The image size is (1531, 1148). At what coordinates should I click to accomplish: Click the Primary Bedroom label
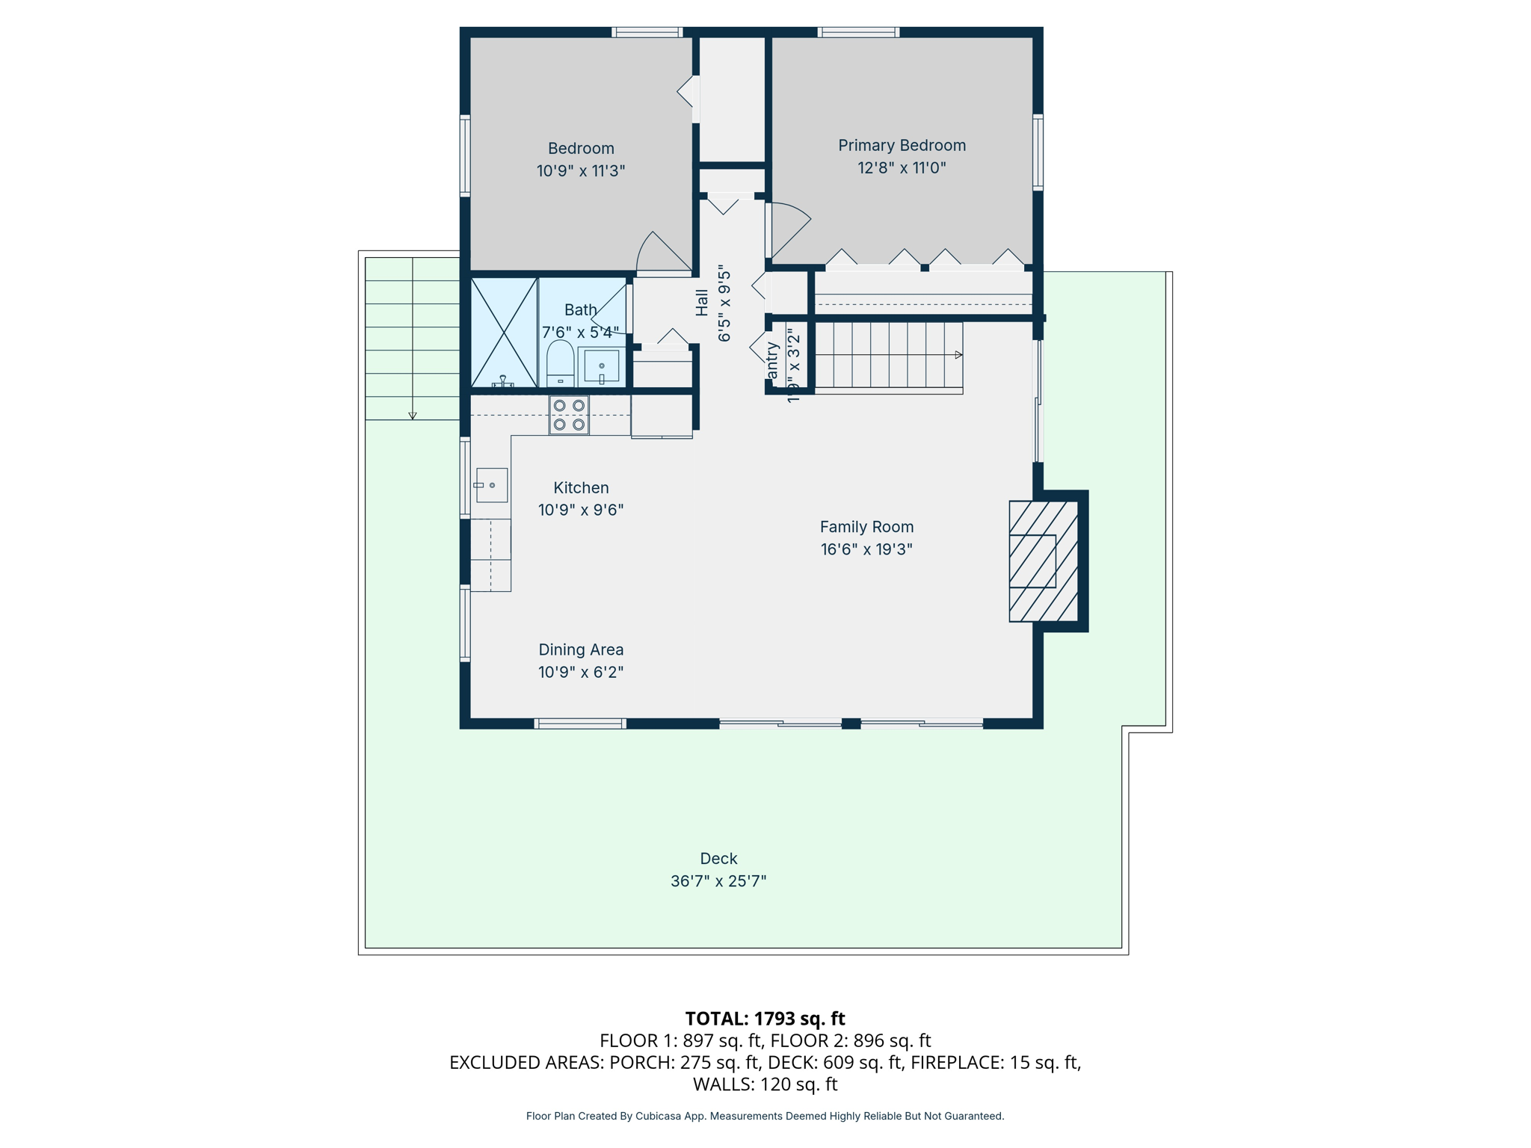pos(902,146)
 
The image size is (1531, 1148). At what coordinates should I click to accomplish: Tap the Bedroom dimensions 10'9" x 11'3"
pos(581,171)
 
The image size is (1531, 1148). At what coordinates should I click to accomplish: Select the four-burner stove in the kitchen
pos(569,416)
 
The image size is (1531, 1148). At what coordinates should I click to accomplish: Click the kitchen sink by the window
pos(492,485)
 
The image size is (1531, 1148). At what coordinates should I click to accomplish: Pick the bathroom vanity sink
pos(602,366)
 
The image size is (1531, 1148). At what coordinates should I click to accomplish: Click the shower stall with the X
pos(504,333)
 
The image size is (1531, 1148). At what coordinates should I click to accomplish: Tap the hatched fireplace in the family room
pos(1043,561)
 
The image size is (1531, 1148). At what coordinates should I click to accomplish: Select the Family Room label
pos(866,527)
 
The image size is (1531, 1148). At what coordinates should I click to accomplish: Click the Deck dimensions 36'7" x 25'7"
pos(718,881)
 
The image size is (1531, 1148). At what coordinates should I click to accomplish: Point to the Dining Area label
pos(581,649)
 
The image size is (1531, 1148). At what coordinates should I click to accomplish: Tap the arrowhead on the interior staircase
pos(958,355)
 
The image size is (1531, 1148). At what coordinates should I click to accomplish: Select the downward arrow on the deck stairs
pos(412,416)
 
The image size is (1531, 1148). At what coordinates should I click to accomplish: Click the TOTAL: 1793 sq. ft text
pos(765,1019)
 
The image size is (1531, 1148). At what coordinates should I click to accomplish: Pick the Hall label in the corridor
pos(702,303)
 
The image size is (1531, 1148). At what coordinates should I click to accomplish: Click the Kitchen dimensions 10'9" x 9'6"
pos(581,510)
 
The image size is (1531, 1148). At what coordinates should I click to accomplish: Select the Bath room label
pos(581,309)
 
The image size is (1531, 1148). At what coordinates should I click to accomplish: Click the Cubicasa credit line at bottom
pos(765,1116)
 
